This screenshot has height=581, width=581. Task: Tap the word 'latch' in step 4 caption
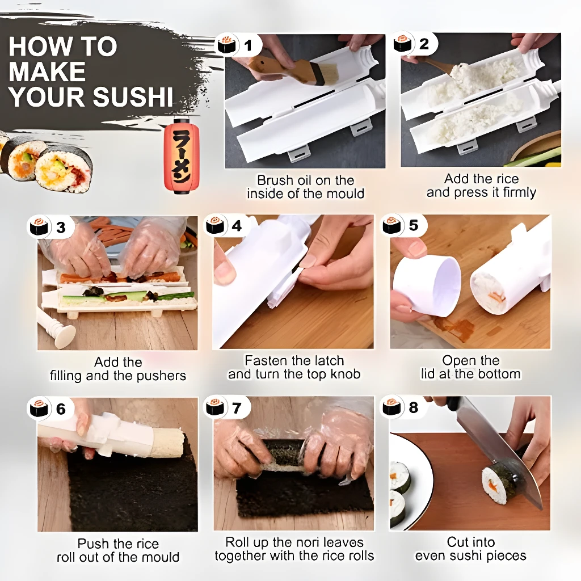click(x=327, y=361)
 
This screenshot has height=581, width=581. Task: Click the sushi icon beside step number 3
click(x=40, y=227)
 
